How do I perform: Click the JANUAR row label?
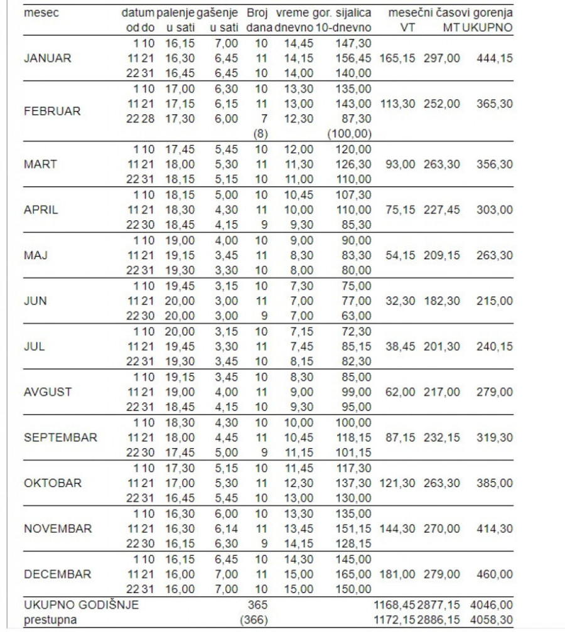point(47,58)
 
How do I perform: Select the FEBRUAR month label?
point(51,111)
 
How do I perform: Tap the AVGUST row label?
point(48,392)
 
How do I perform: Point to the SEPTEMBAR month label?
point(60,437)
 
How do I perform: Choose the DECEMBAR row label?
point(57,574)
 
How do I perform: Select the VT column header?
point(409,28)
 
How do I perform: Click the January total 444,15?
point(494,58)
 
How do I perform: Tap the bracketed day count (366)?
point(255,620)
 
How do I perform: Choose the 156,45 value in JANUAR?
point(353,58)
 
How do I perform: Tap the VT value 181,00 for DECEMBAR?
point(397,574)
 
